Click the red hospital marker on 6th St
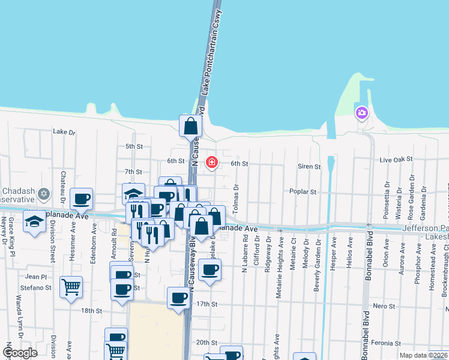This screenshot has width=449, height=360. tap(211, 162)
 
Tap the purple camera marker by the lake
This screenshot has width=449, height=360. tap(361, 112)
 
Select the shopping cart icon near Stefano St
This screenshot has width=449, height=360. tap(71, 287)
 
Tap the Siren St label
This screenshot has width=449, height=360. tap(309, 166)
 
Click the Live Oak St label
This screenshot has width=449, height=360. tap(397, 159)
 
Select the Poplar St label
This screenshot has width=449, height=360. tap(303, 192)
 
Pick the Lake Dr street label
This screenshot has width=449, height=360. tap(64, 131)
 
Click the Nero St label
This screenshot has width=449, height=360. tap(384, 306)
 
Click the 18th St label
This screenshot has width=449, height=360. tap(92, 310)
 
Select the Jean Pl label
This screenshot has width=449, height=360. tap(36, 277)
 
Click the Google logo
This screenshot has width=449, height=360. tap(20, 353)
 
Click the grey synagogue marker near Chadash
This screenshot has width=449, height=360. tap(43, 194)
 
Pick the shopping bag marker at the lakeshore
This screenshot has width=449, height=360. tap(190, 126)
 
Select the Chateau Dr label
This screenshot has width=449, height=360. tap(62, 186)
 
